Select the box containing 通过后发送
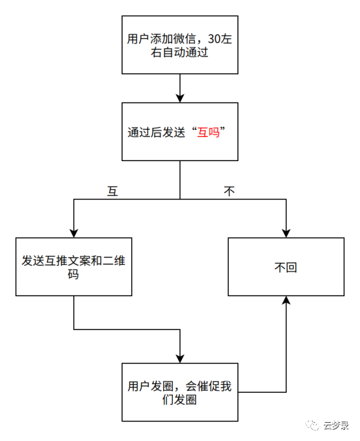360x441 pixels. click(x=179, y=131)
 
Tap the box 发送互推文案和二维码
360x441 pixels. click(x=74, y=267)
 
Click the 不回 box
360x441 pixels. click(x=285, y=267)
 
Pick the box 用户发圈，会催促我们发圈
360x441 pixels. click(x=179, y=392)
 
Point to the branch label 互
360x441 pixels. click(x=112, y=191)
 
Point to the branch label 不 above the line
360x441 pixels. click(x=229, y=191)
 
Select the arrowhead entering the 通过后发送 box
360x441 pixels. click(x=179, y=98)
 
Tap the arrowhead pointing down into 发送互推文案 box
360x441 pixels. click(x=74, y=232)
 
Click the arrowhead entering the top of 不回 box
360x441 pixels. click(x=285, y=232)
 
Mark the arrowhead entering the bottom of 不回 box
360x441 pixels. click(x=285, y=300)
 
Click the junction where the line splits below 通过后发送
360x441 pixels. click(x=179, y=199)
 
